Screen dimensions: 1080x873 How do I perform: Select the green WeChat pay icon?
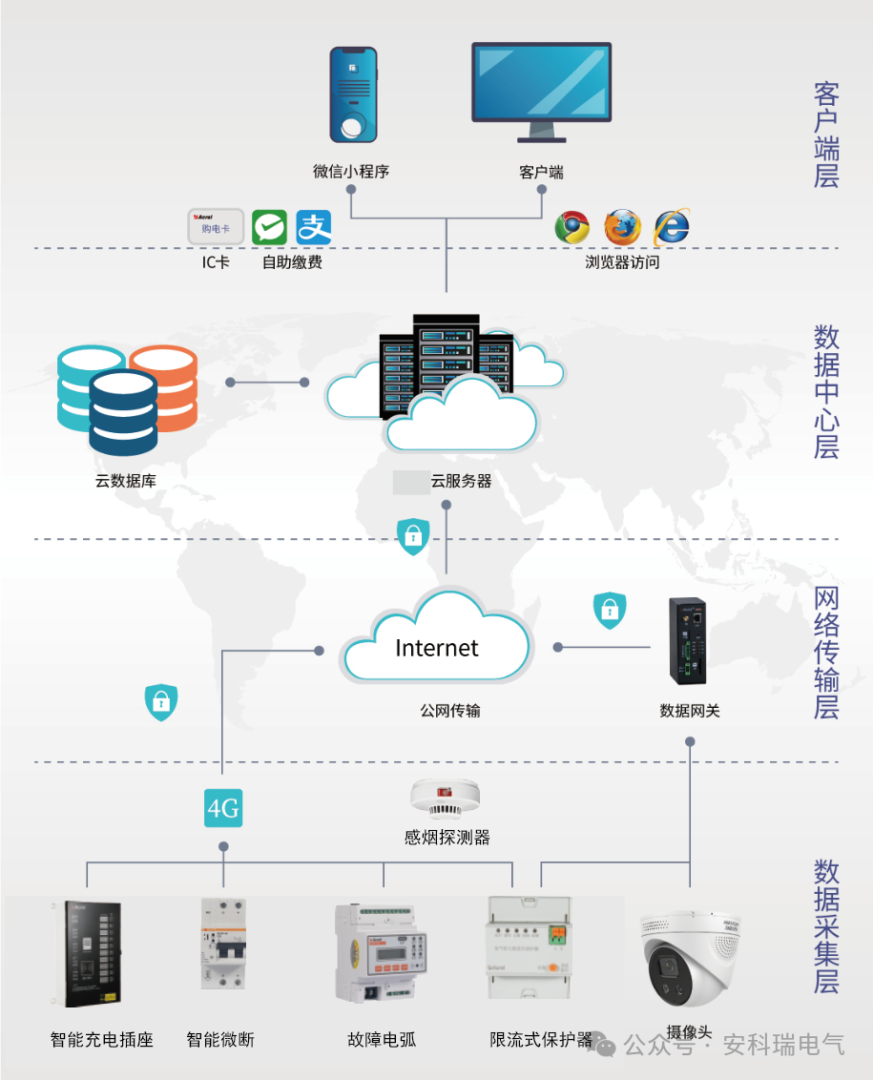pos(269,228)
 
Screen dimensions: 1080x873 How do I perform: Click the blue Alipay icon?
pos(313,228)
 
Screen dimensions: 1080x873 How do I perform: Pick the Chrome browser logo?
pos(572,227)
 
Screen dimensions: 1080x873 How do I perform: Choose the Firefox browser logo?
pos(622,227)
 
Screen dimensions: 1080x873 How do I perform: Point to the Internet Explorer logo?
pos(671,227)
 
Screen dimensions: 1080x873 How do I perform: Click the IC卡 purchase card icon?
pos(216,227)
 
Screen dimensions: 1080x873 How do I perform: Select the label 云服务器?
pos(461,482)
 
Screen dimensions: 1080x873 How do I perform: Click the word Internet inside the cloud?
pos(437,648)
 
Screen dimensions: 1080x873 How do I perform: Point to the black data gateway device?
pos(688,640)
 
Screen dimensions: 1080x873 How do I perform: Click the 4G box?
pos(223,809)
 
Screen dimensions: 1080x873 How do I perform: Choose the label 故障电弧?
pos(382,1039)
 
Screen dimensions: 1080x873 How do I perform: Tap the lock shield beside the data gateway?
pos(610,611)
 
